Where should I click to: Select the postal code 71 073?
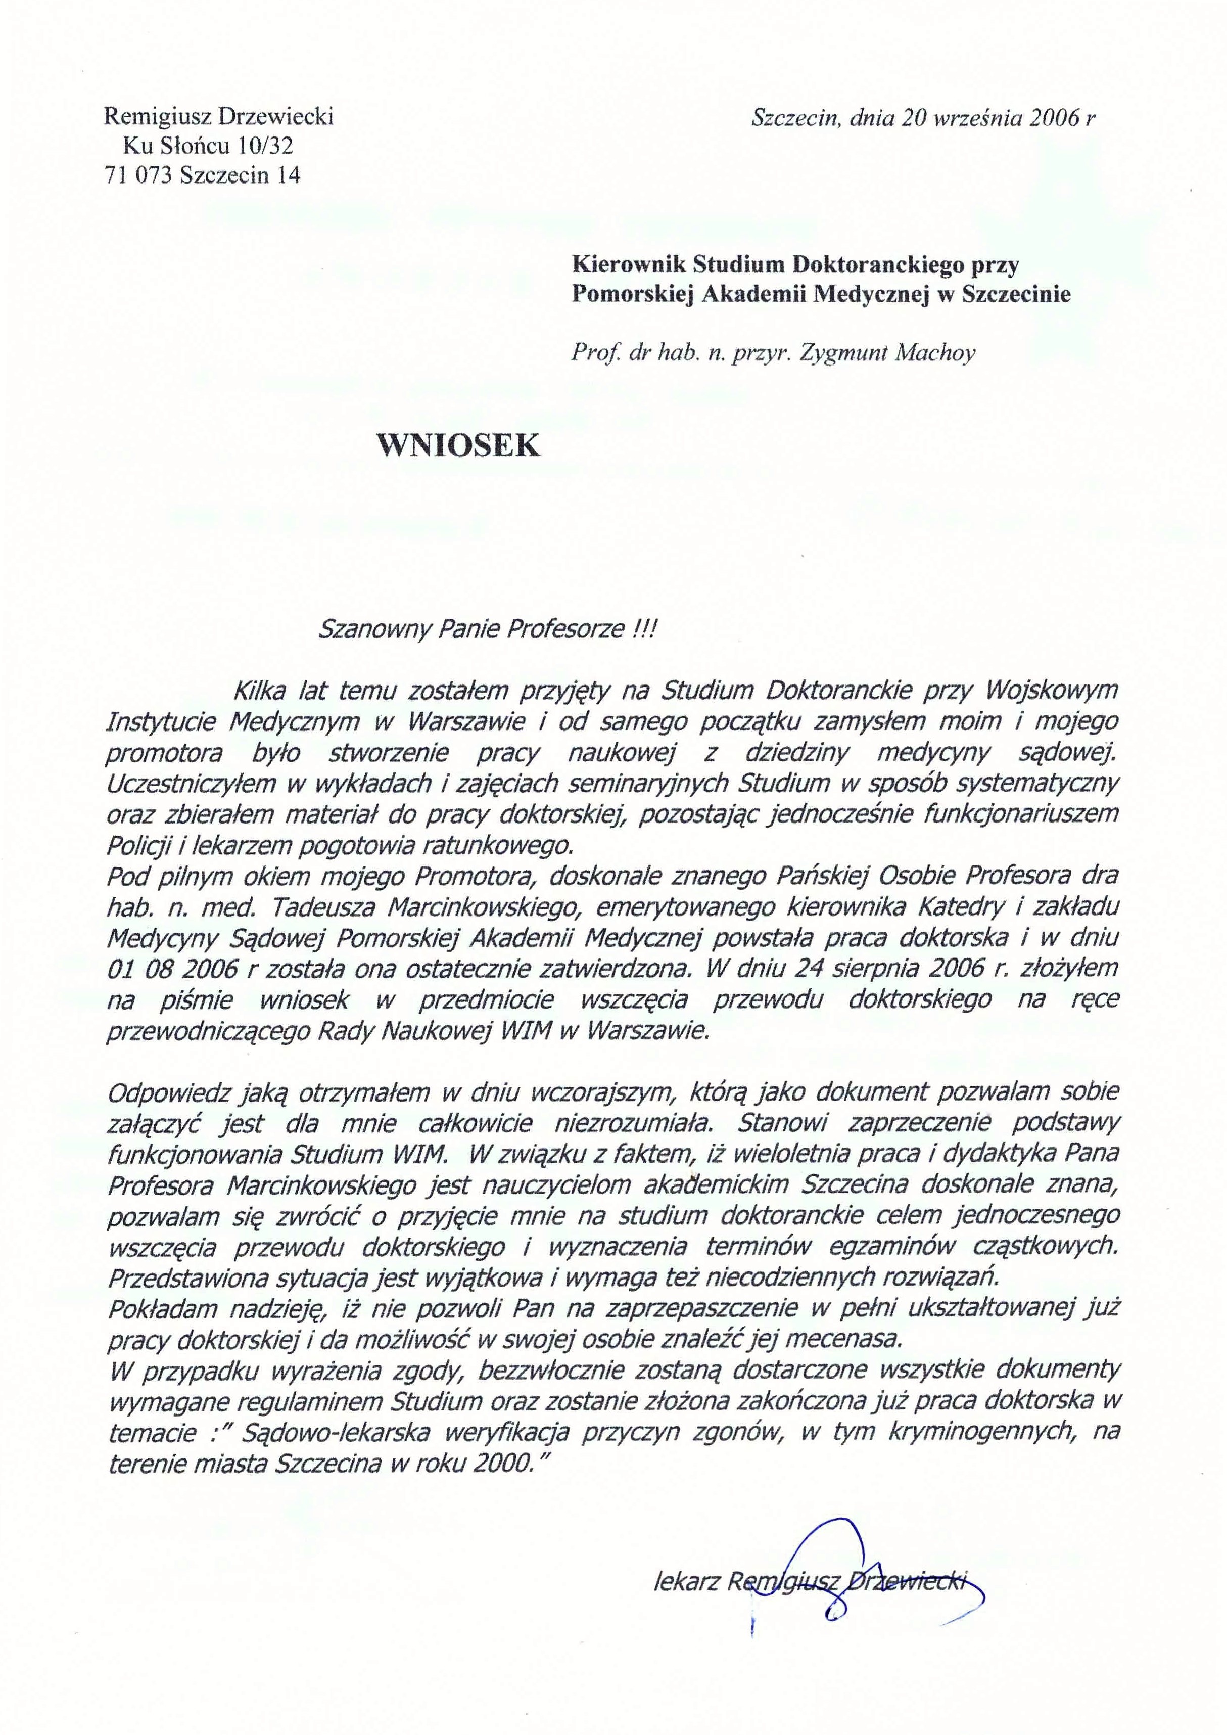pos(140,175)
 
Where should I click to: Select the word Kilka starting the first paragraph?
pos(261,690)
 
